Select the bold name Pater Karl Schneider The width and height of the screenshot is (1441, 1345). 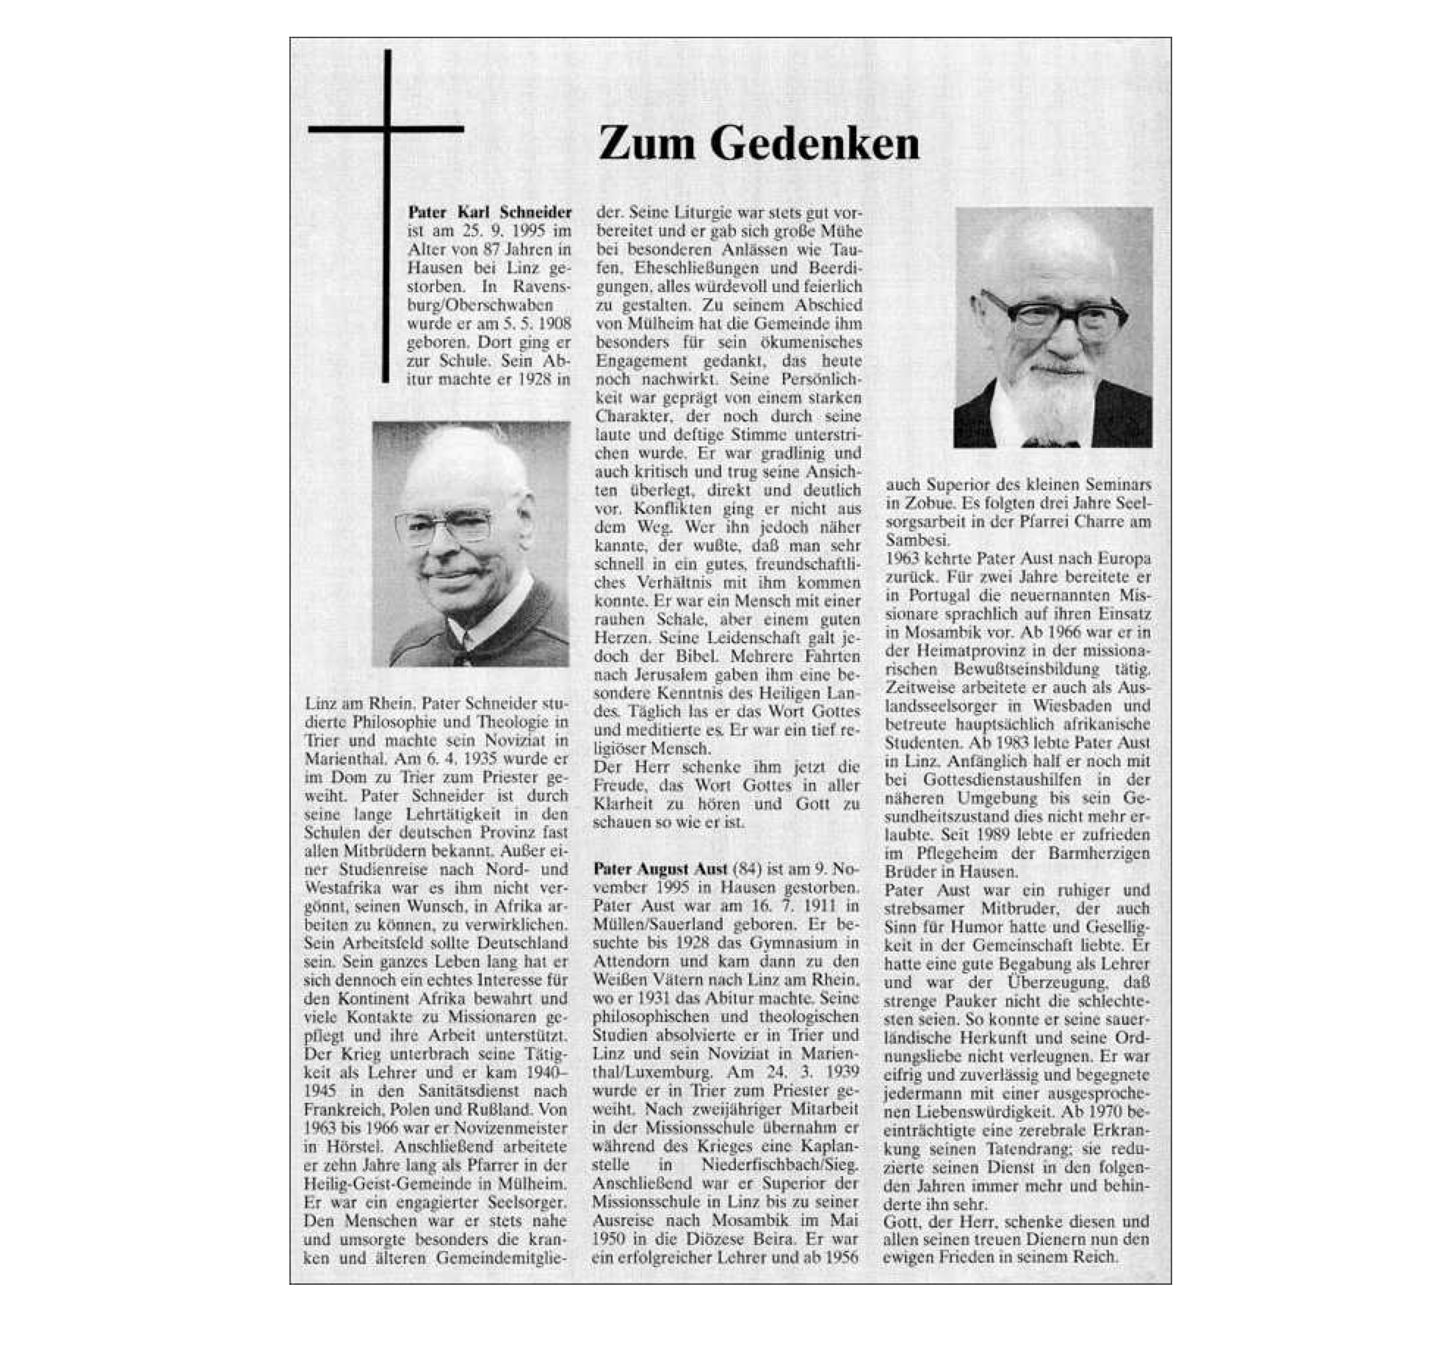[490, 212]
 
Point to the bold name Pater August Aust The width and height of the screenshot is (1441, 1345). [660, 869]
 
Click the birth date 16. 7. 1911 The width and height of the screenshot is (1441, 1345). [790, 906]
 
